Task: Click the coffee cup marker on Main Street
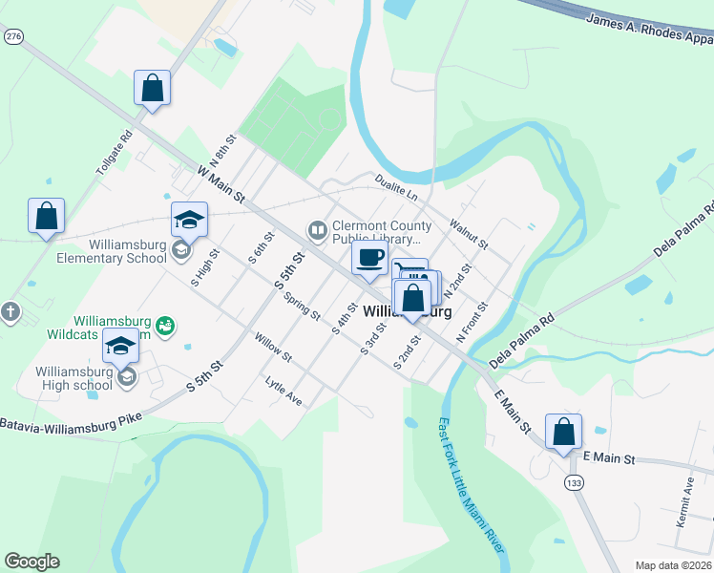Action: pos(369,257)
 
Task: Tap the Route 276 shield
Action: pos(12,35)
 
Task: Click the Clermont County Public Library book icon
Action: pos(316,230)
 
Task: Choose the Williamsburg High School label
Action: pos(74,378)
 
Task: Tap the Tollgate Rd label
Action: pos(112,153)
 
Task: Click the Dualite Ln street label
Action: pos(396,188)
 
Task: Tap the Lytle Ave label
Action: pos(283,391)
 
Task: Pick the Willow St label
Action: pos(273,346)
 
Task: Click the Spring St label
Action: pos(302,306)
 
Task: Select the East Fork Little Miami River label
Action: pos(472,482)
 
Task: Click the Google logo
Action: pos(31,562)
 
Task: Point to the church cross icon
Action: pos(10,311)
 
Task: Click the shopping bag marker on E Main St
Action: pos(563,431)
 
